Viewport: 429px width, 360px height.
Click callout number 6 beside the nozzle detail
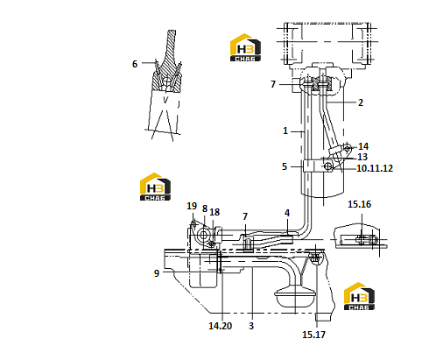click(x=135, y=64)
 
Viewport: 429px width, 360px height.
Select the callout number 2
click(x=361, y=102)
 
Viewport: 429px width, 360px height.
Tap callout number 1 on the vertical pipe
click(x=285, y=131)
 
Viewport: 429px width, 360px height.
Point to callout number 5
click(x=285, y=166)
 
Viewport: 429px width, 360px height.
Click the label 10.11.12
click(x=375, y=168)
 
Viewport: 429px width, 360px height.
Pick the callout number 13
click(x=362, y=157)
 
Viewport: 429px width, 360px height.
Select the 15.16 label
click(x=359, y=204)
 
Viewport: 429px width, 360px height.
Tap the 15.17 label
click(x=313, y=335)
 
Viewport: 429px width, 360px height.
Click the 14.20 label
click(x=221, y=326)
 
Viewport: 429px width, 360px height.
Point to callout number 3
click(x=251, y=326)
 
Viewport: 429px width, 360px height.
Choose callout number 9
click(x=157, y=273)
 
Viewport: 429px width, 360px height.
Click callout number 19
click(x=192, y=206)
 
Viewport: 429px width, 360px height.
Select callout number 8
click(x=205, y=208)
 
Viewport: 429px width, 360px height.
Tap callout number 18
click(x=214, y=212)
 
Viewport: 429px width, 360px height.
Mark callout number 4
click(x=287, y=213)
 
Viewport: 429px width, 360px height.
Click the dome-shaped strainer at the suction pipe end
click(x=295, y=296)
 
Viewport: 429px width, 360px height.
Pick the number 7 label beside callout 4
click(x=245, y=216)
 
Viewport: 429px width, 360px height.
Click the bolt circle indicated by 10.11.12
click(x=328, y=166)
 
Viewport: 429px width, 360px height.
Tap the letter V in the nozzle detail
click(x=165, y=100)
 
